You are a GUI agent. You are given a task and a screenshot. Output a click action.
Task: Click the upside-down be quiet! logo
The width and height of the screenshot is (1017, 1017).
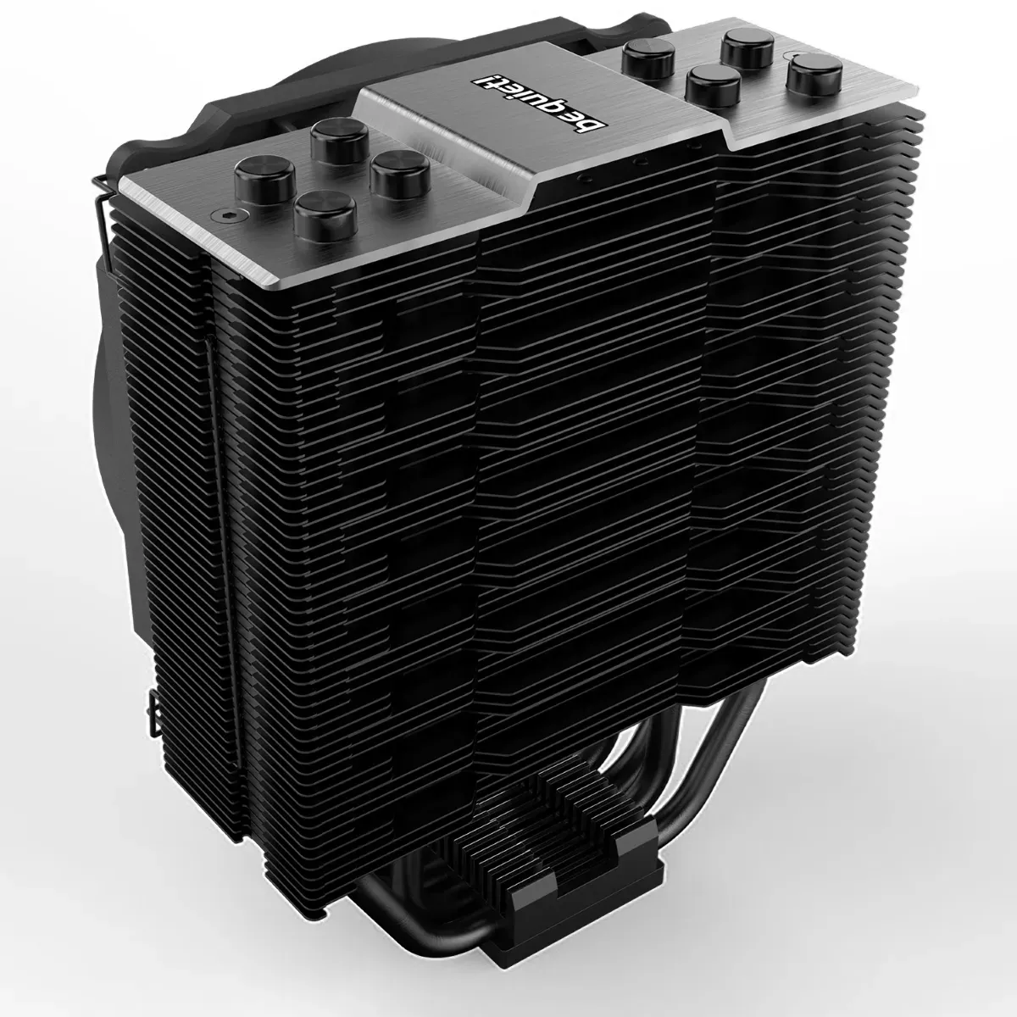(539, 103)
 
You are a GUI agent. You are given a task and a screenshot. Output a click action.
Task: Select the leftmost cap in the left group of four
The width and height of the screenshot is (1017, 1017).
(265, 179)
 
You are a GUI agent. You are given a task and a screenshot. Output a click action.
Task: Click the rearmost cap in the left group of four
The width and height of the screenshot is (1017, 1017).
(339, 141)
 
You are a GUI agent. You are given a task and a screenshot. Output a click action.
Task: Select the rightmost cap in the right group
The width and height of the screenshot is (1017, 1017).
(814, 77)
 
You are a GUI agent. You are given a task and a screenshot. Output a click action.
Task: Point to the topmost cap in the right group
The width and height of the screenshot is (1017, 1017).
(748, 49)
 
